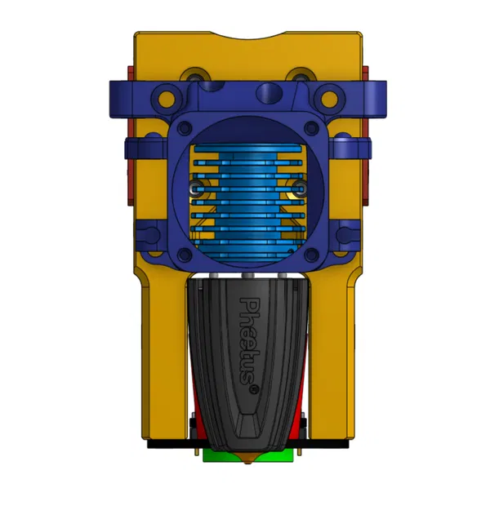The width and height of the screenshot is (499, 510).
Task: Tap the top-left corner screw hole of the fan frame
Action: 185,128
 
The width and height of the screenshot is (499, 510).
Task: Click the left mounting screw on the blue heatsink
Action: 194,189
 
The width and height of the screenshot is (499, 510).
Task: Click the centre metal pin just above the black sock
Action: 247,280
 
